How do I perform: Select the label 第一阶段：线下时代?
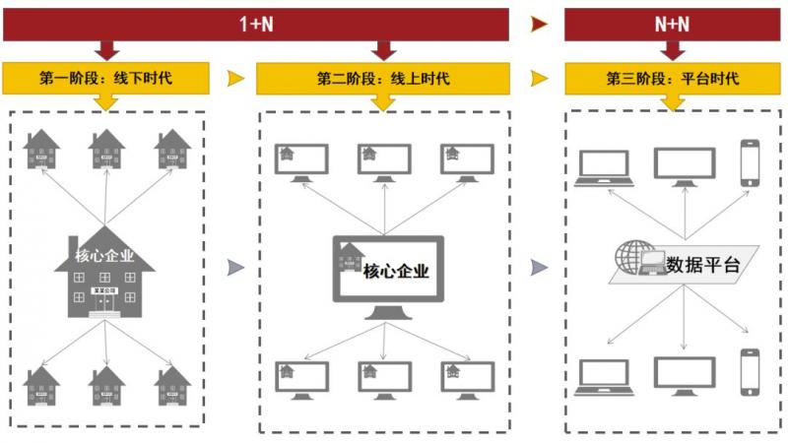[x=106, y=78]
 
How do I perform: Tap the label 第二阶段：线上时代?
[x=383, y=78]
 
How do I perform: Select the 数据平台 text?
[x=703, y=264]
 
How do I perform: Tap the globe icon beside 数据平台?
[x=630, y=257]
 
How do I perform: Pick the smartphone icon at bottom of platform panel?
[x=751, y=371]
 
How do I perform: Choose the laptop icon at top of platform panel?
[x=603, y=168]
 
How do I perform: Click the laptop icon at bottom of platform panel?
[x=603, y=376]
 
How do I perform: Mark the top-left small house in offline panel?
[x=42, y=151]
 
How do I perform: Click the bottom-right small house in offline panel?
[x=172, y=388]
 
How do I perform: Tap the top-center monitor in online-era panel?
[x=383, y=161]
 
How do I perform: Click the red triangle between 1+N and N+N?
[x=538, y=24]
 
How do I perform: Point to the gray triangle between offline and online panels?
[x=234, y=267]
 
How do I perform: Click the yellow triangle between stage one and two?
[x=233, y=78]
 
